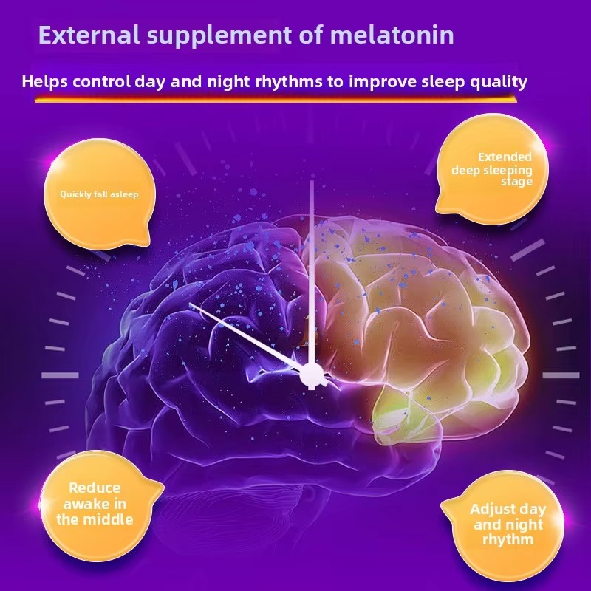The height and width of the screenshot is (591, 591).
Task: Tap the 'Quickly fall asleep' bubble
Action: coord(99,194)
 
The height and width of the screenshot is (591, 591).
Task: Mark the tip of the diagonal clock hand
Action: coord(191,304)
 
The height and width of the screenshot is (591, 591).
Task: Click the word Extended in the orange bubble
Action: coord(505,157)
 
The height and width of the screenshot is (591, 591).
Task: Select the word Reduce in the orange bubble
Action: coord(95,488)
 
